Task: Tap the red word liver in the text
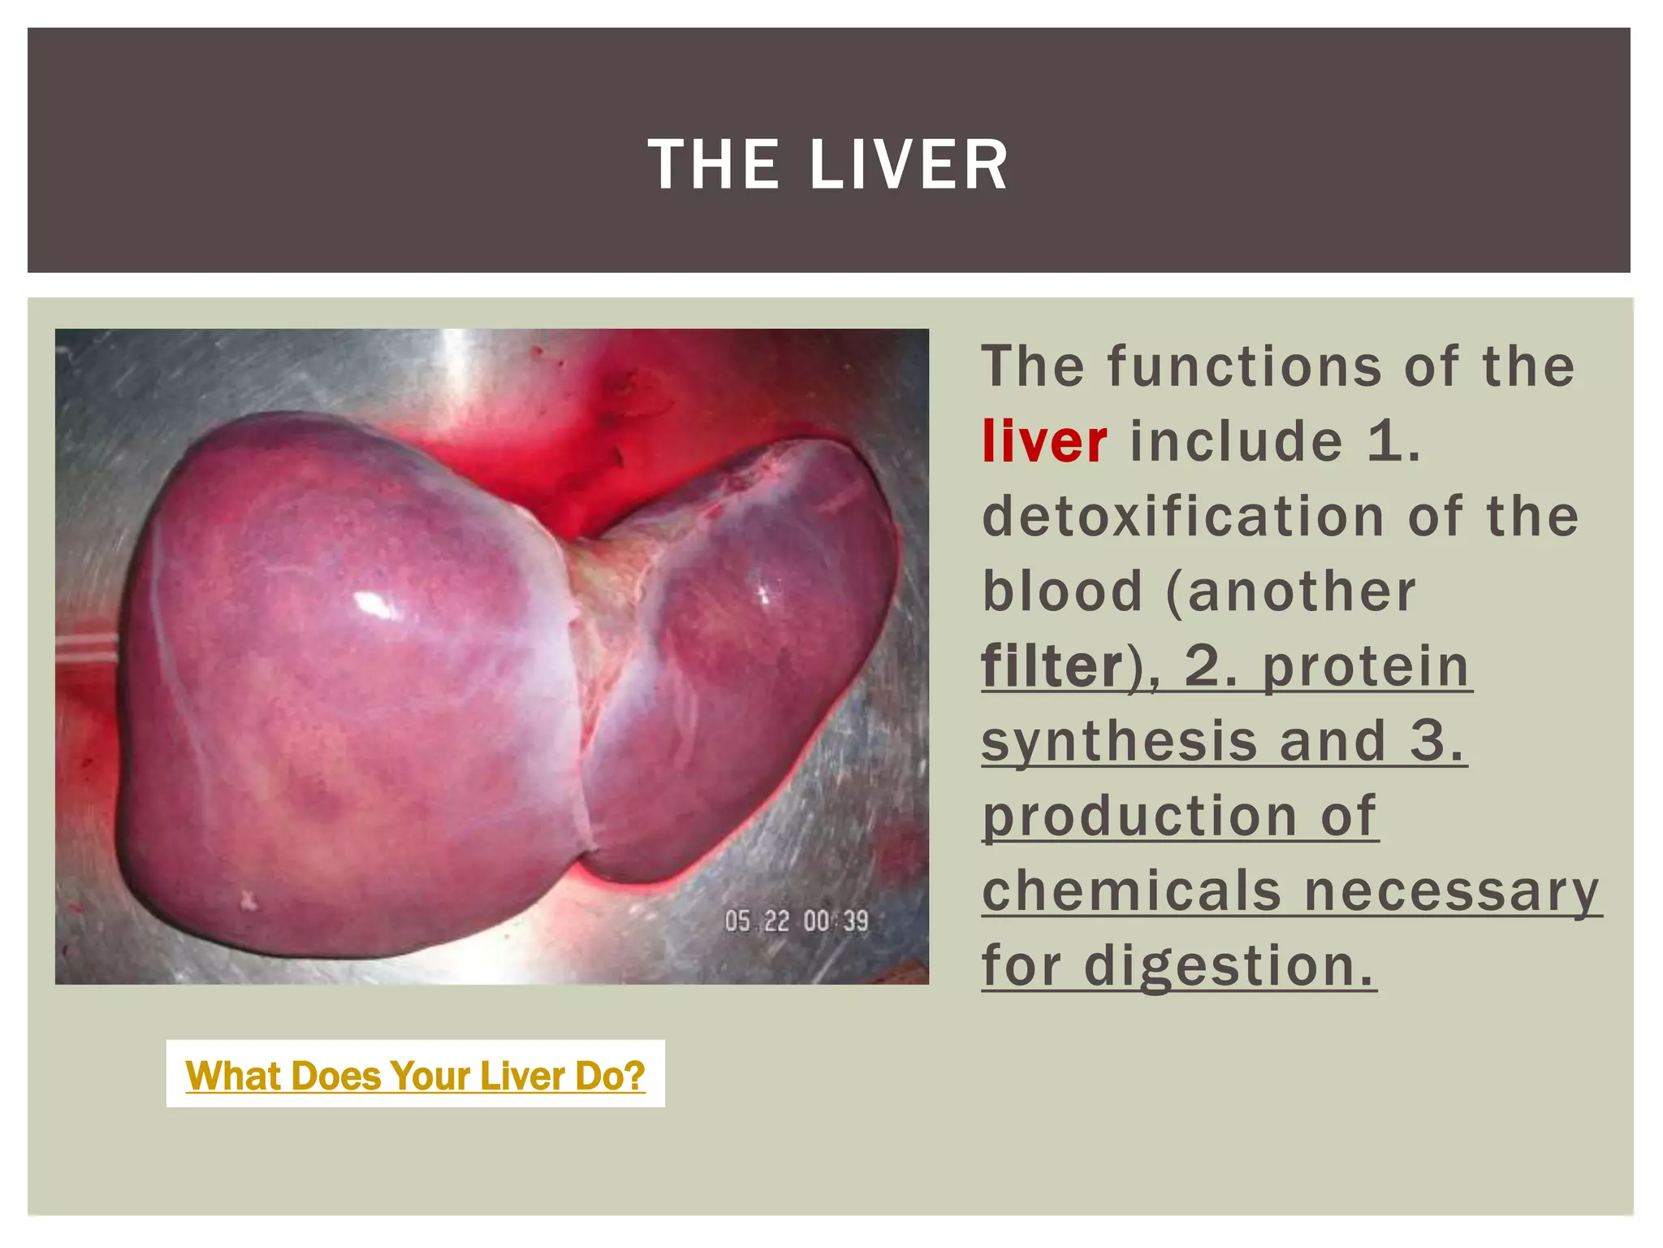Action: click(1043, 442)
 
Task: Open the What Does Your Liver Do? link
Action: click(415, 1076)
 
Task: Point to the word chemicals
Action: click(1131, 891)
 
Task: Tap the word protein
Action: click(1366, 666)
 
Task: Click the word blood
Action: click(1062, 591)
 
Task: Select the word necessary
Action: click(1451, 891)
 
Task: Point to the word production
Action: click(1139, 816)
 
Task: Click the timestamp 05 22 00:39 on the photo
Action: click(796, 921)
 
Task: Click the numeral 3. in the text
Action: click(1437, 741)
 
